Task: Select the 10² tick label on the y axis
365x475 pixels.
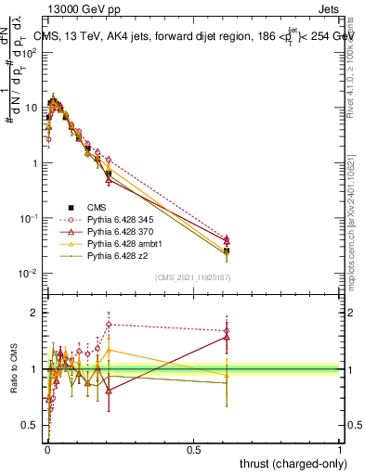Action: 30,53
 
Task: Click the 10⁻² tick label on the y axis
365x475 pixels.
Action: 30,273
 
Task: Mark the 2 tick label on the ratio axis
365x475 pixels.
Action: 34,313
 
